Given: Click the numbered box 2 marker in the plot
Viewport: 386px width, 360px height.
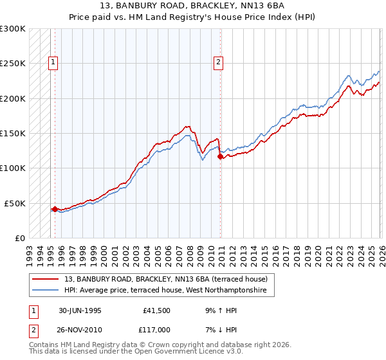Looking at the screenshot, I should click(219, 62).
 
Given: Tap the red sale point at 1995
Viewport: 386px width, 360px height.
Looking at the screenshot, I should click(55, 209).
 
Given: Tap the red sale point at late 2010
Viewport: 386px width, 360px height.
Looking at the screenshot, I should click(220, 156).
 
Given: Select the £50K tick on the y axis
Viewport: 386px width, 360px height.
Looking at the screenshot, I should click(15, 203).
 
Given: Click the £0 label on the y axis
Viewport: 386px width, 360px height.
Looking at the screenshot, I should click(21, 238).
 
